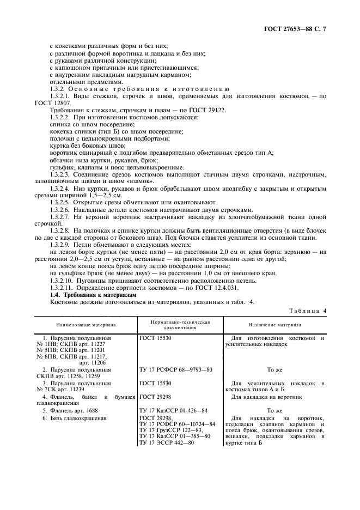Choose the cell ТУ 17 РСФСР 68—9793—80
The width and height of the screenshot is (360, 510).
pos(174,369)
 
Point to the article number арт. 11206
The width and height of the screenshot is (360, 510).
pos(93,362)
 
